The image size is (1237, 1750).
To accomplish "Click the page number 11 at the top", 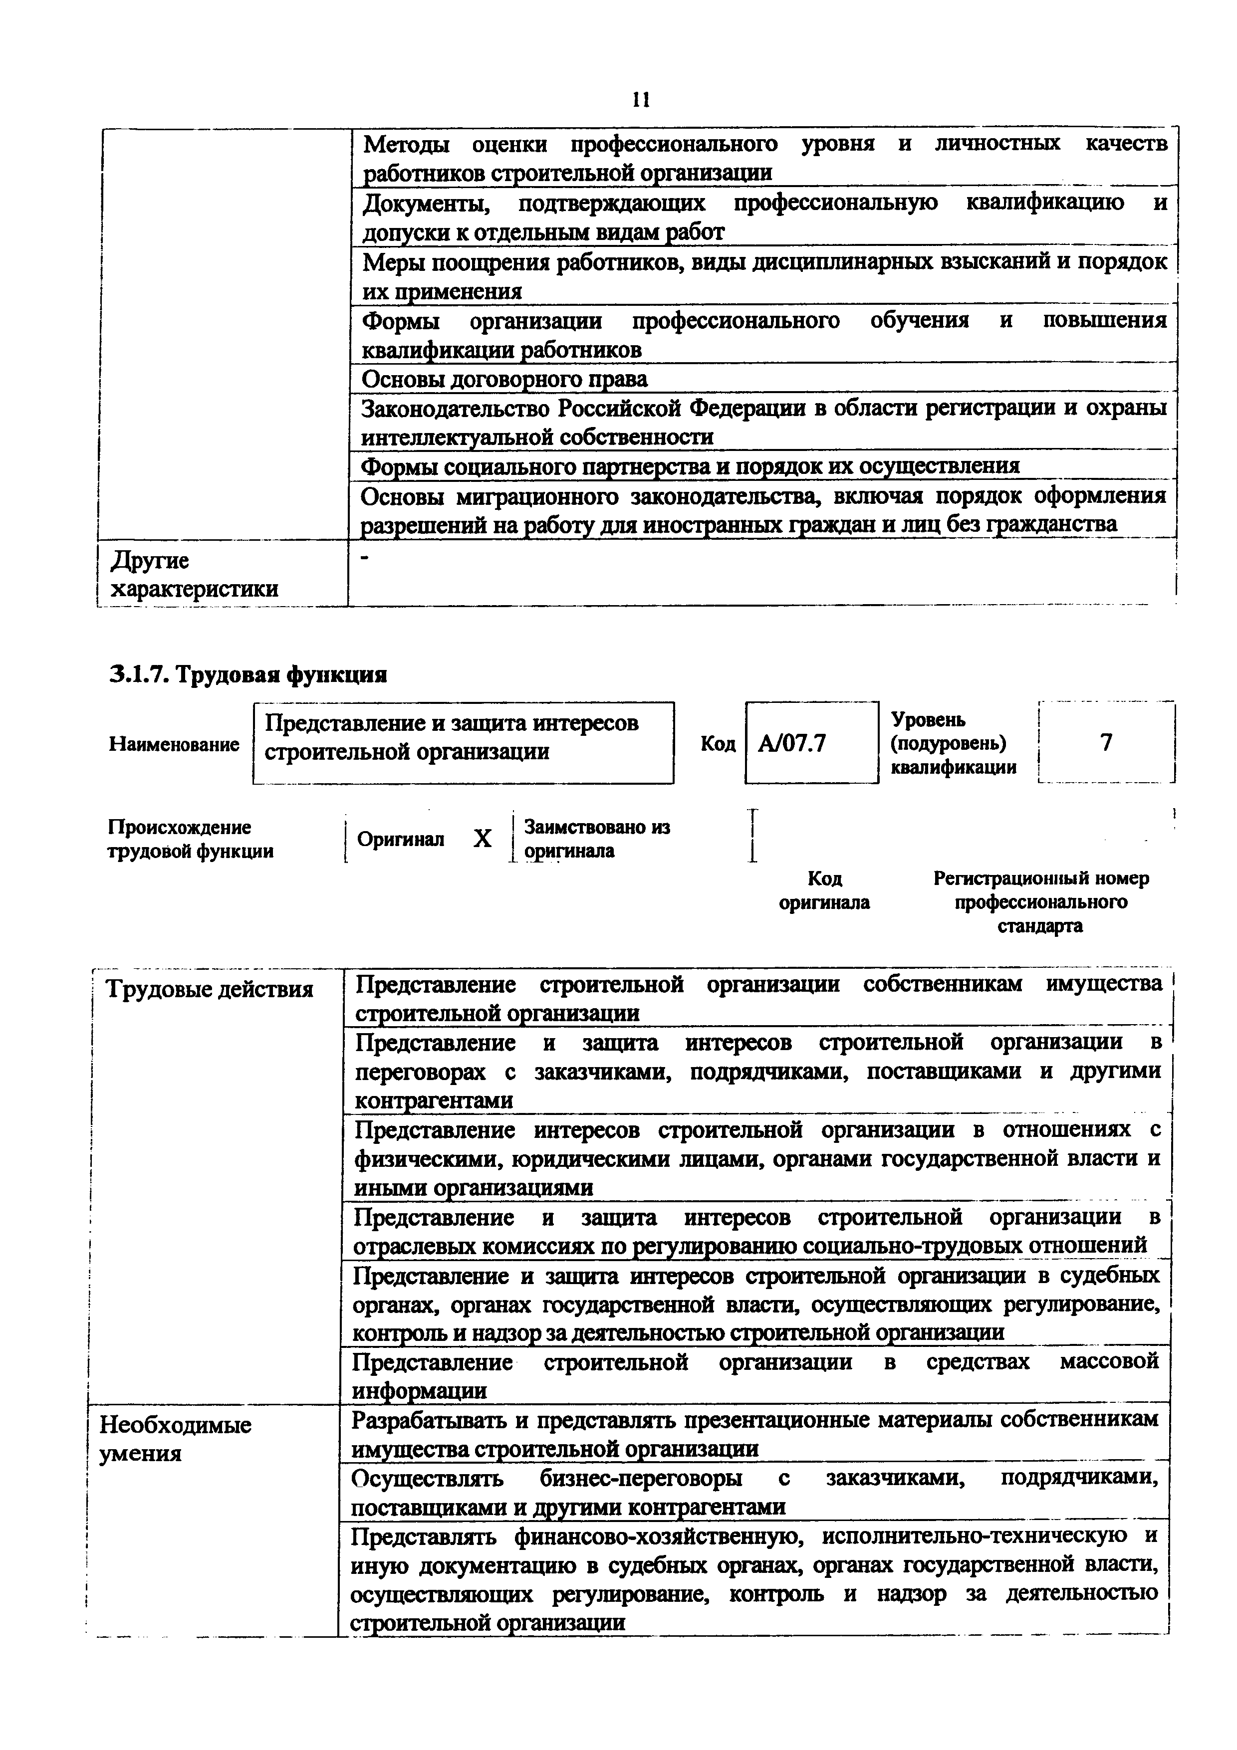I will coord(640,100).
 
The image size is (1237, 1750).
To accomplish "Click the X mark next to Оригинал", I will coord(482,839).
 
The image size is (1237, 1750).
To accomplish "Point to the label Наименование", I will coord(175,744).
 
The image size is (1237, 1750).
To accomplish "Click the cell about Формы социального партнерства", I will coord(690,466).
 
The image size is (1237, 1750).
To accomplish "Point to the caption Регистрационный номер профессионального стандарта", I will coord(1040,901).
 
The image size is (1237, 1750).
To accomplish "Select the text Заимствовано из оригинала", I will coord(597,839).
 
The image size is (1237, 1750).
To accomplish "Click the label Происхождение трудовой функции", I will coord(191,839).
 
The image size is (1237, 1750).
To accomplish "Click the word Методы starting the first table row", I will coord(406,144).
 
